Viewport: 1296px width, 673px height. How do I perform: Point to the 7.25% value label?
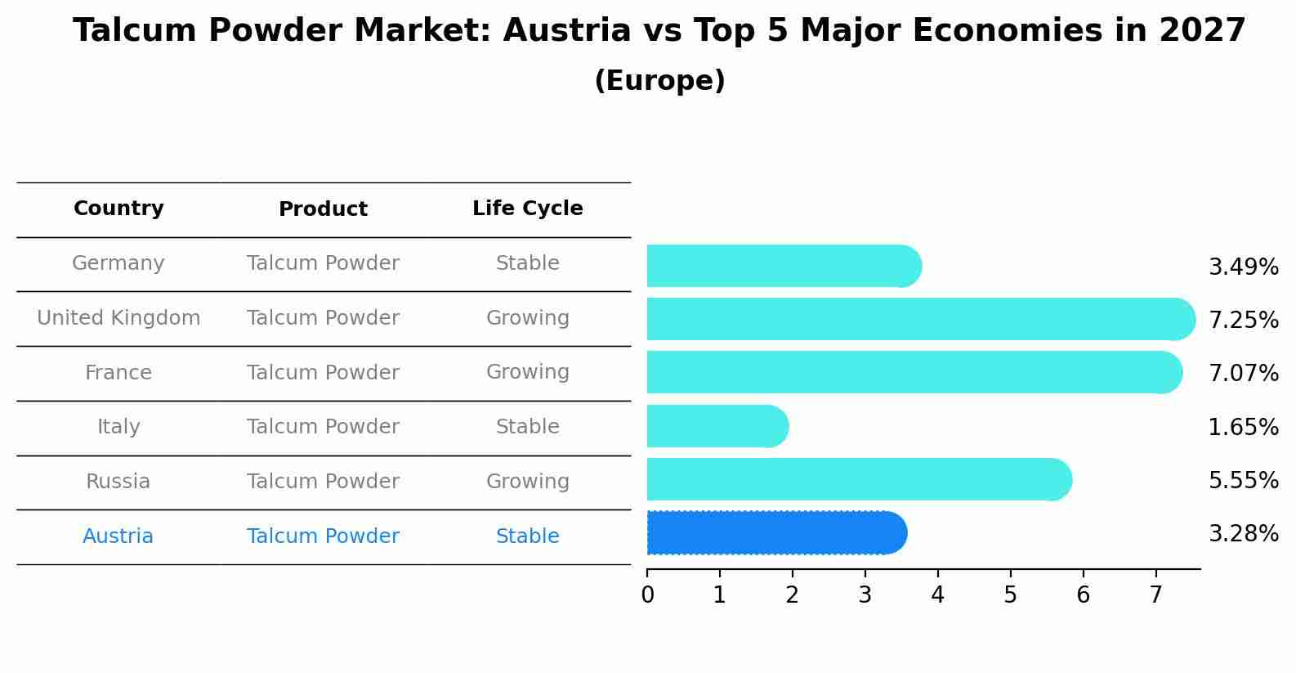[x=1243, y=320]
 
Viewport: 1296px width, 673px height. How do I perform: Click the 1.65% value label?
[x=1243, y=427]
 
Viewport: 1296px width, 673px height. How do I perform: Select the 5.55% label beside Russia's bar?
[x=1243, y=480]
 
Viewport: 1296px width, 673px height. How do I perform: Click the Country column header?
[x=118, y=209]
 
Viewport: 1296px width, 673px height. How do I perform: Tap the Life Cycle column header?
[x=527, y=209]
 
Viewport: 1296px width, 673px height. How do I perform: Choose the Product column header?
[x=323, y=209]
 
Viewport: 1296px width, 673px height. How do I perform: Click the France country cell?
[x=118, y=373]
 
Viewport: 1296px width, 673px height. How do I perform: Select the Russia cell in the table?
[x=118, y=482]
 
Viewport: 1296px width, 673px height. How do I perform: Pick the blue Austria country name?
[x=118, y=536]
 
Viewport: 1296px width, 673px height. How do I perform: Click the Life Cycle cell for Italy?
[x=527, y=427]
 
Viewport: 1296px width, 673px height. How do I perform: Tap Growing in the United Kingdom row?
[x=527, y=318]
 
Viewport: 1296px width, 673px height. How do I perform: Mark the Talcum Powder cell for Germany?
[x=323, y=263]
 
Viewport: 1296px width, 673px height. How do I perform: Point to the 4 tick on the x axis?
[x=937, y=595]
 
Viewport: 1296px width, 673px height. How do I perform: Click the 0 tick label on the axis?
[x=647, y=595]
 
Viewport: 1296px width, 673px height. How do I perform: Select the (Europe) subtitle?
[x=659, y=81]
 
